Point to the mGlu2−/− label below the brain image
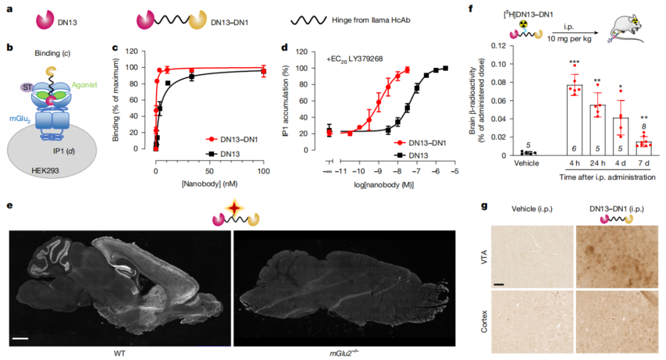coord(343,353)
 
